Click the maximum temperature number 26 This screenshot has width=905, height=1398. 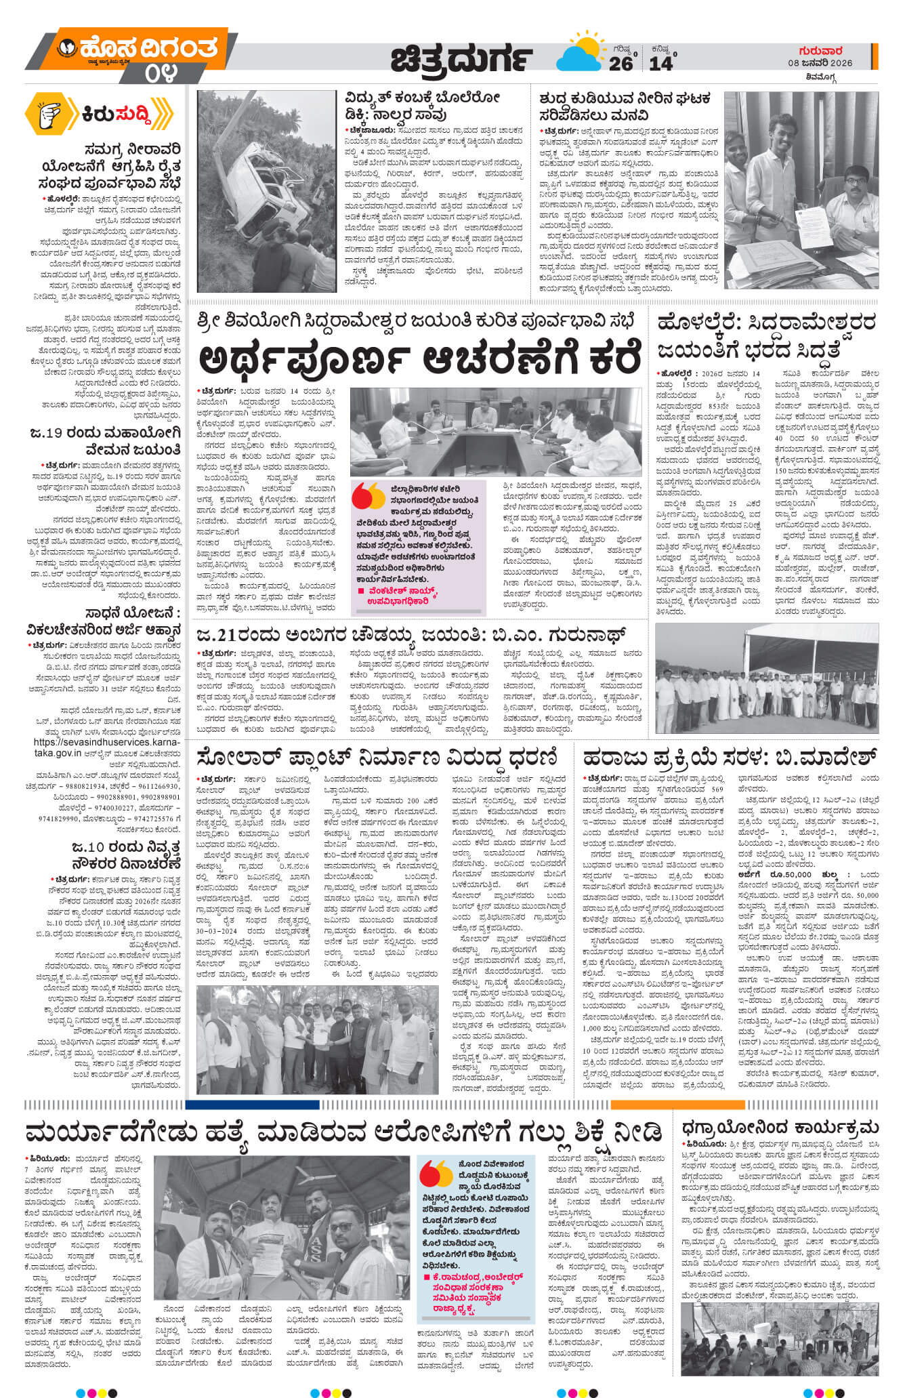(620, 62)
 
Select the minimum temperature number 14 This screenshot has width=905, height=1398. (661, 62)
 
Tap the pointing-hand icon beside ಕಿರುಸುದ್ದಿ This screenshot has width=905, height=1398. (53, 112)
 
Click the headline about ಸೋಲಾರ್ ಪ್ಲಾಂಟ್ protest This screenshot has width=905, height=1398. (377, 757)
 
